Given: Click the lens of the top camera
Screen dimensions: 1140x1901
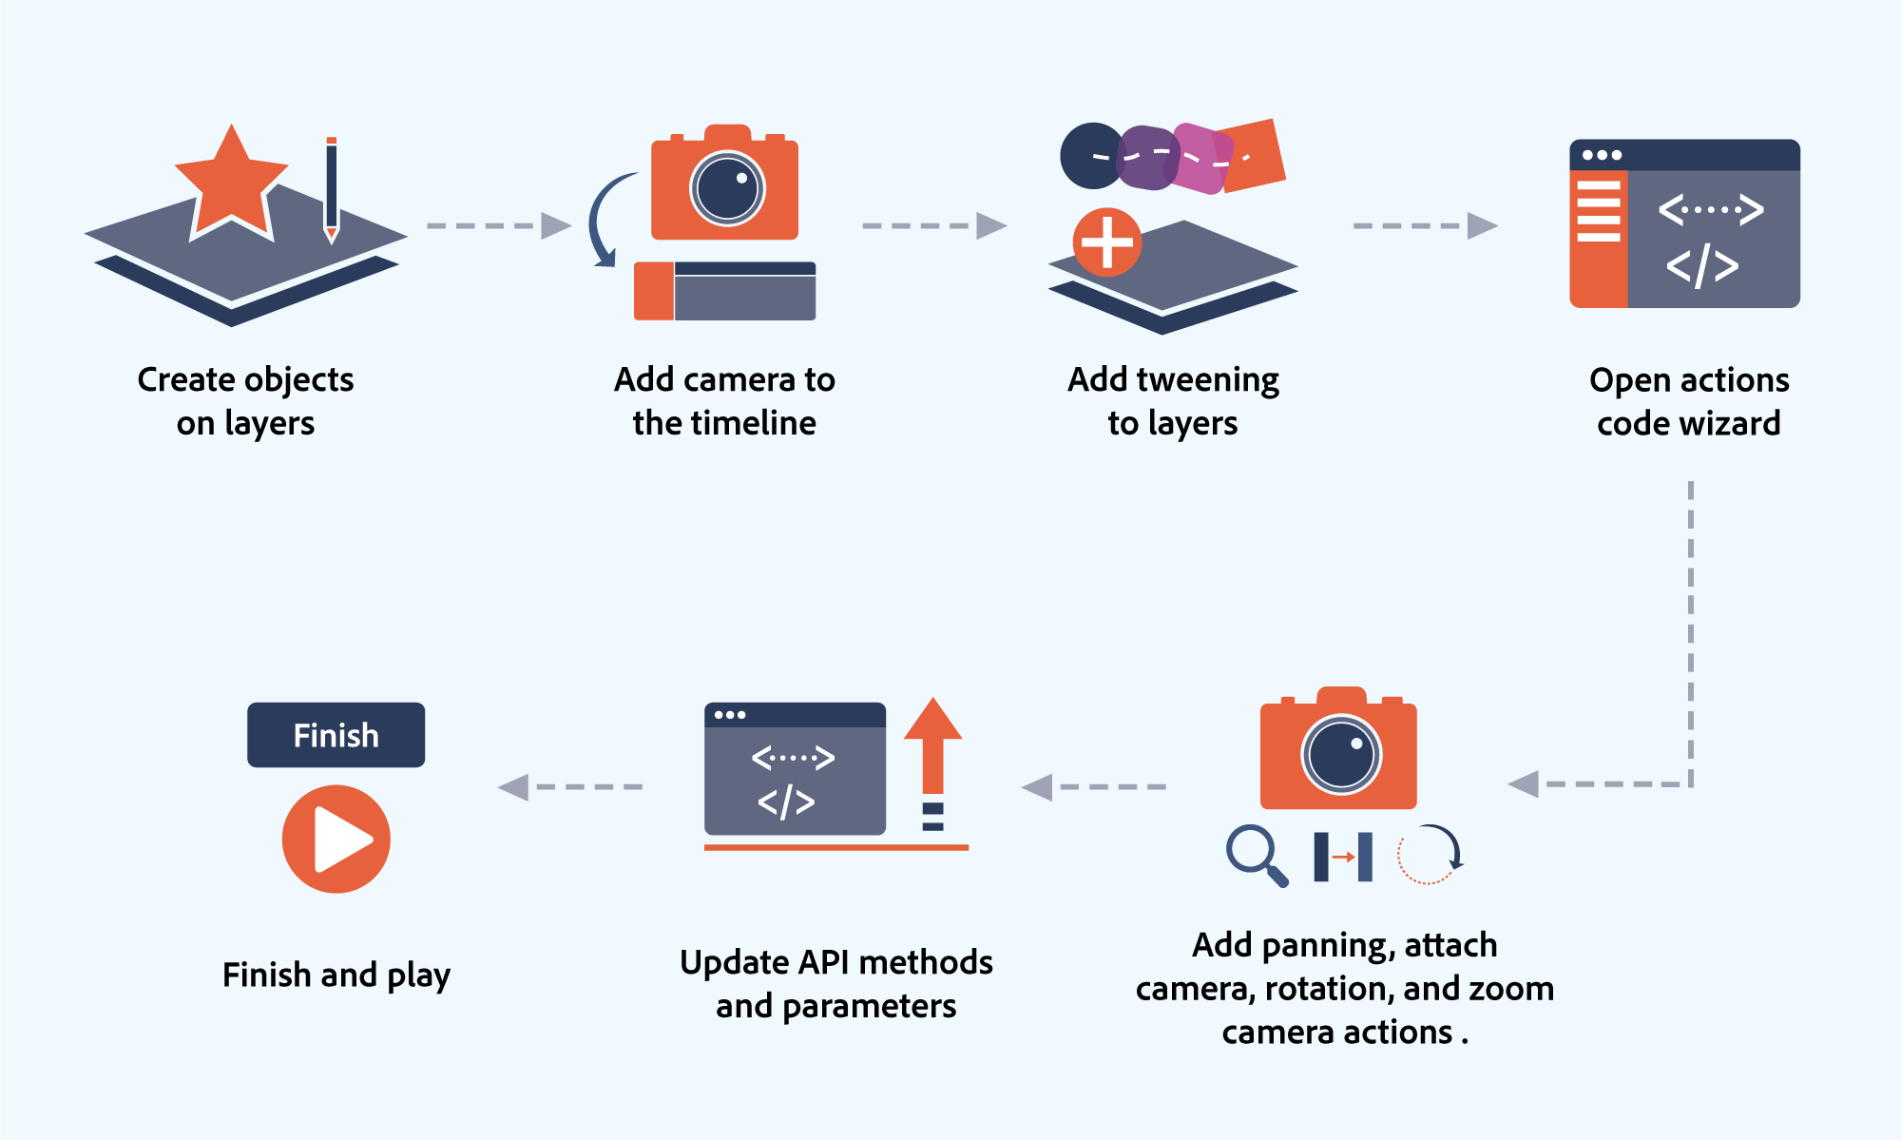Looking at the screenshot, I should [x=727, y=188].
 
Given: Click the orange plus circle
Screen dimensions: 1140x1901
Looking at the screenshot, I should [x=1107, y=242].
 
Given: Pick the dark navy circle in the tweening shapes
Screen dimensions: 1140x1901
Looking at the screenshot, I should [x=1090, y=156].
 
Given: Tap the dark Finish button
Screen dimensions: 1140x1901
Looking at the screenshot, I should [x=336, y=735].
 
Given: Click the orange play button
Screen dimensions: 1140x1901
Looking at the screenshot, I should [x=336, y=839].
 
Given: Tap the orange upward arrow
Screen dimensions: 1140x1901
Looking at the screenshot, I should [x=932, y=746].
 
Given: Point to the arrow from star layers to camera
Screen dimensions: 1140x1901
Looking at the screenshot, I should [x=498, y=225].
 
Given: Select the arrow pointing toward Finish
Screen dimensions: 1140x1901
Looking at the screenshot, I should [x=569, y=787].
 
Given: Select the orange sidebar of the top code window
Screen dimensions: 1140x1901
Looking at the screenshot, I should [x=1598, y=238].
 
